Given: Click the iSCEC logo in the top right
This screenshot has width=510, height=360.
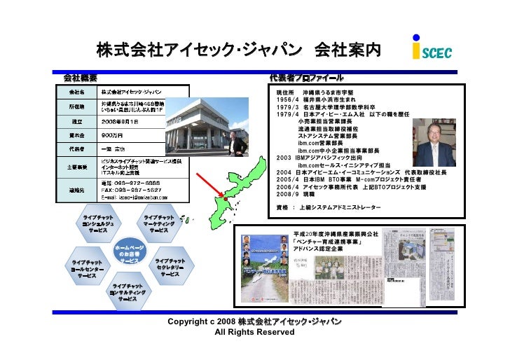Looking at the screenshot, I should click(432, 50).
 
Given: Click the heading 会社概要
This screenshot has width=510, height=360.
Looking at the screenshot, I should click(81, 76).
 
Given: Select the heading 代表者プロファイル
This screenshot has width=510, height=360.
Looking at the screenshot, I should click(307, 76).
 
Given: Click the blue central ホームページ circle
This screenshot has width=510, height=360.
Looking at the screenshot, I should click(129, 254).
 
